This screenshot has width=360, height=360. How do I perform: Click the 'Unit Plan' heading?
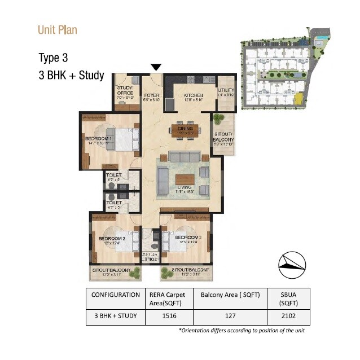tap(57, 29)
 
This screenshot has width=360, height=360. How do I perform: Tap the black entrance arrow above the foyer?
tap(156, 68)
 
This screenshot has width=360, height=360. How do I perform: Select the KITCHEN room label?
tap(192, 96)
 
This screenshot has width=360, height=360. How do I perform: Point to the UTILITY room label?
tap(226, 90)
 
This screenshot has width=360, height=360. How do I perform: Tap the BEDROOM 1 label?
tap(99, 139)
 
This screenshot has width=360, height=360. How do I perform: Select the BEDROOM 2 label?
tap(111, 238)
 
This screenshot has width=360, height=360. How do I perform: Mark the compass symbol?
tap(292, 264)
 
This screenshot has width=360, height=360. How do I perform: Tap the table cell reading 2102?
tap(290, 317)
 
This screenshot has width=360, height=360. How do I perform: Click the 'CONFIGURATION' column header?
tap(116, 295)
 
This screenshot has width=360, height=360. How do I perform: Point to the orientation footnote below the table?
tap(242, 330)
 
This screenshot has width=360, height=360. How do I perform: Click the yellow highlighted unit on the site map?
tap(297, 99)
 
